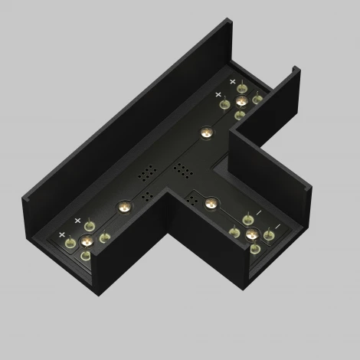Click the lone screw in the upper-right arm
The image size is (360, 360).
click(205, 133)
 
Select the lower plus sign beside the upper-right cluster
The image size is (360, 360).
click(218, 95)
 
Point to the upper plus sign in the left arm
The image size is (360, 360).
click(77, 221)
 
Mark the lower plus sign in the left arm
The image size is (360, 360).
click(61, 234)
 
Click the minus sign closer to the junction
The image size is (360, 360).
click(258, 212)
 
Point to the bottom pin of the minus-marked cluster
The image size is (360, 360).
click(253, 248)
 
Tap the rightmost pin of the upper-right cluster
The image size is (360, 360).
click(257, 97)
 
